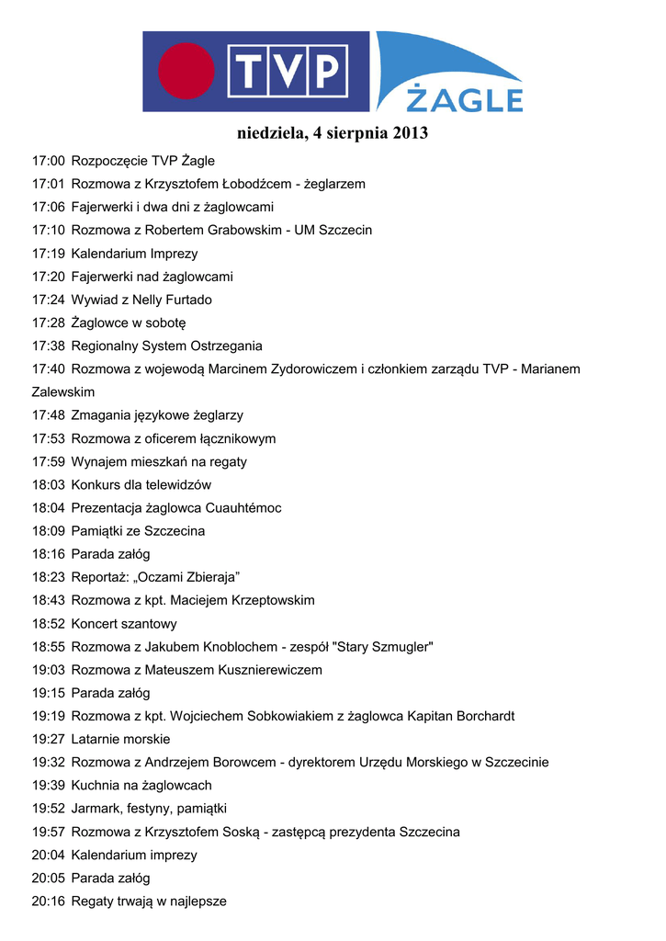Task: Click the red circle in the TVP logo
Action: pos(186,72)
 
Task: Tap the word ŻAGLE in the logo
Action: pos(465,98)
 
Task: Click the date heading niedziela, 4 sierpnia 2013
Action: pos(333,134)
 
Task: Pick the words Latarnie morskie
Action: pos(120,739)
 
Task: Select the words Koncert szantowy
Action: pos(124,624)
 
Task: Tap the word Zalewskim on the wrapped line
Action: pos(63,392)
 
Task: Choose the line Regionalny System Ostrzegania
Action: pos(166,346)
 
